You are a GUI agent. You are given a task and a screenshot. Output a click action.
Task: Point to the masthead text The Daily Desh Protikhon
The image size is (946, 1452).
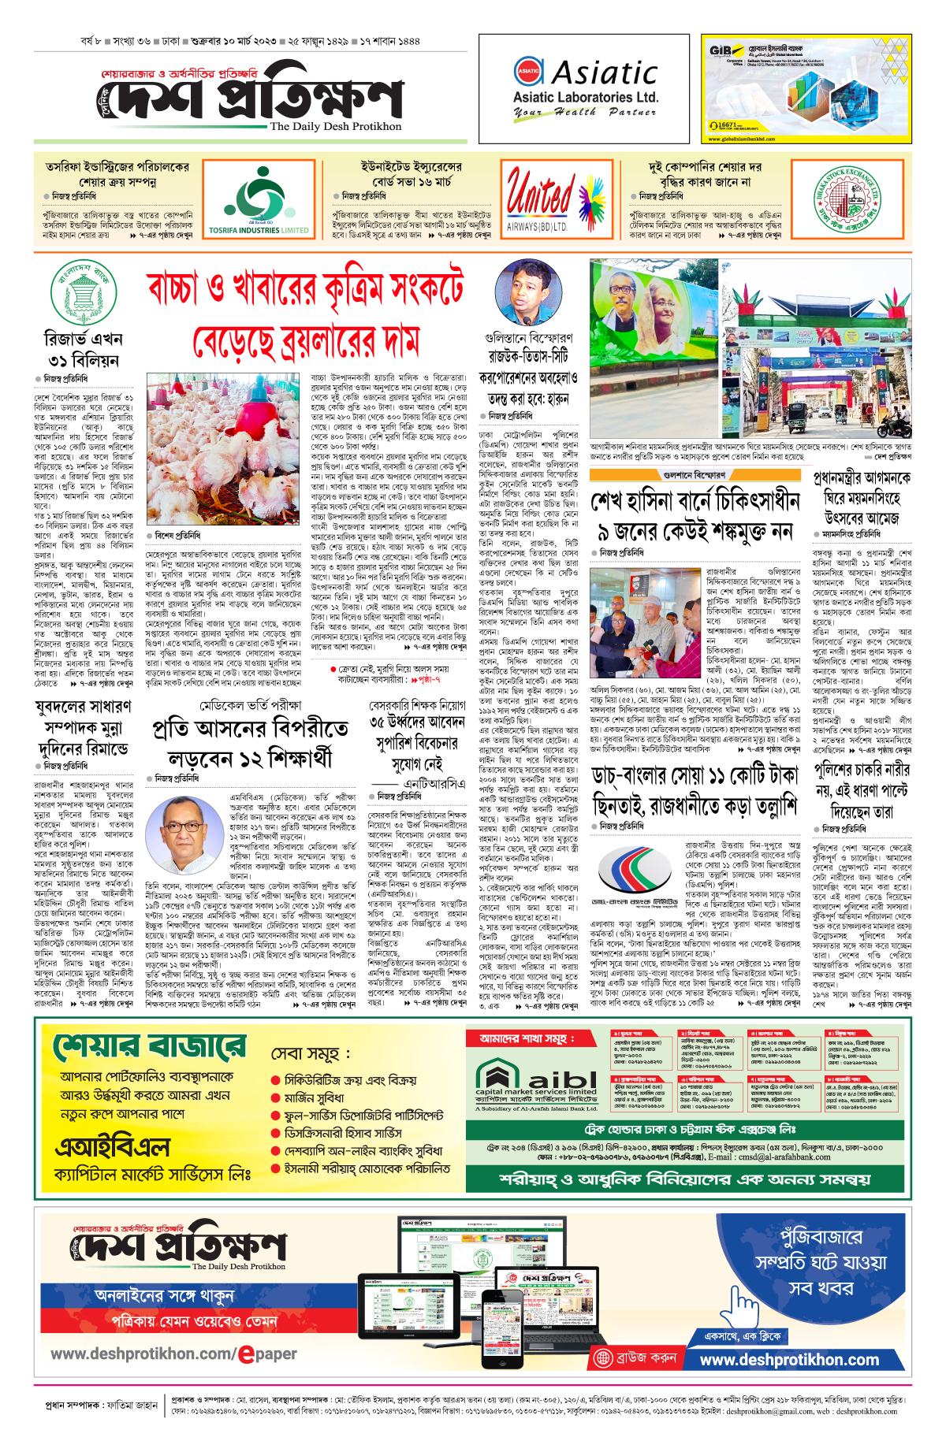click(335, 126)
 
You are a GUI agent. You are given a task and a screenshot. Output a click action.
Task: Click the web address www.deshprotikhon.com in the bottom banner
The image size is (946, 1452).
click(789, 1360)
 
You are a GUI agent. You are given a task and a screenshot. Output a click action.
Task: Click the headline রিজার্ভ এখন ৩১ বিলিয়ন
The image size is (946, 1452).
click(83, 350)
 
